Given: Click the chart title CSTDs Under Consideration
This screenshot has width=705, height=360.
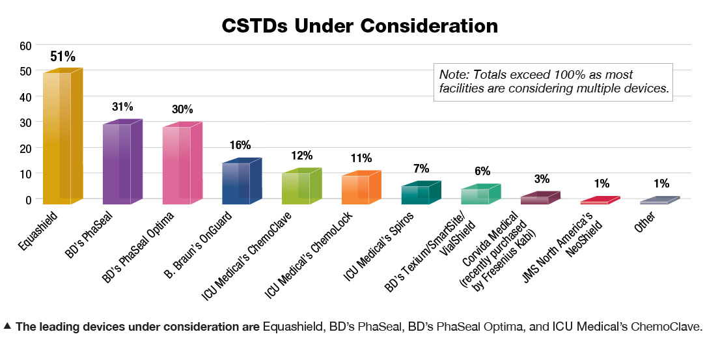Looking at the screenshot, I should coord(359,25).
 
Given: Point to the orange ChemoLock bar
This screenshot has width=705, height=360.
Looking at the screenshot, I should coord(359,189).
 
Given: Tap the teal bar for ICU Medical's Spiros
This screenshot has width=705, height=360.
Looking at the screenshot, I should coord(419,194).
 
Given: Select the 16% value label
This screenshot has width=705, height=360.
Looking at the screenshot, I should coord(240,145).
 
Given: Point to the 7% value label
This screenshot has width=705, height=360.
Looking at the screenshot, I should coord(421,169).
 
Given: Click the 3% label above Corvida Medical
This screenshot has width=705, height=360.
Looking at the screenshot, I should coord(542,179).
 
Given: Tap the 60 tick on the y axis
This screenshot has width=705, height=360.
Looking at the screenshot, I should coord(25,46).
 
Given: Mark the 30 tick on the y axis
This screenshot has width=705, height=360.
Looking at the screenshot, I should coord(25,122).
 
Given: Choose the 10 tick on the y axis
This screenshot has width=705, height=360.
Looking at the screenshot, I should coord(25,174).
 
